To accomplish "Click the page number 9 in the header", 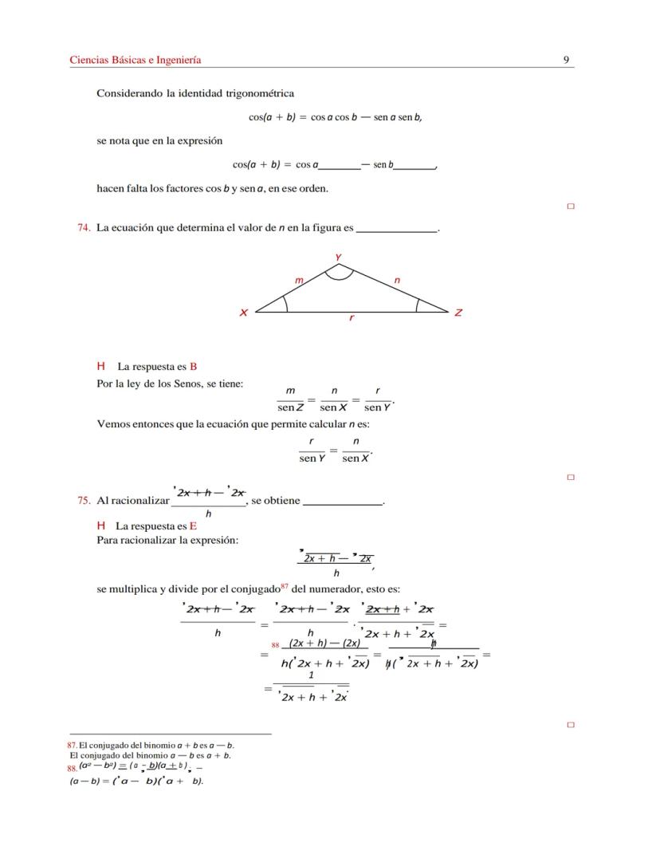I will tap(565, 60).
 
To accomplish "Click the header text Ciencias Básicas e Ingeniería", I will tap(136, 60).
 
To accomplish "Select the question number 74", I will tap(83, 228).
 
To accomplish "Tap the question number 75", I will tap(83, 501).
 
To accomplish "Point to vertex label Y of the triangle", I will tap(339, 257).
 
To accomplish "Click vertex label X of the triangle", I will tap(243, 313).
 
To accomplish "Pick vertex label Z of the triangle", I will tap(458, 313).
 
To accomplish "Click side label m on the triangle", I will tap(299, 281).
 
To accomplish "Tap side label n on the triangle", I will tap(397, 281).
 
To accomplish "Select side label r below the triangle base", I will tap(352, 318).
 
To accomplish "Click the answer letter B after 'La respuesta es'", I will tap(193, 367).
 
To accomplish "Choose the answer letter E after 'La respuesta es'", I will tap(192, 526).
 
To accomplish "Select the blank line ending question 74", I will tap(397, 230).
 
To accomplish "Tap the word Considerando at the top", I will tap(129, 93).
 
